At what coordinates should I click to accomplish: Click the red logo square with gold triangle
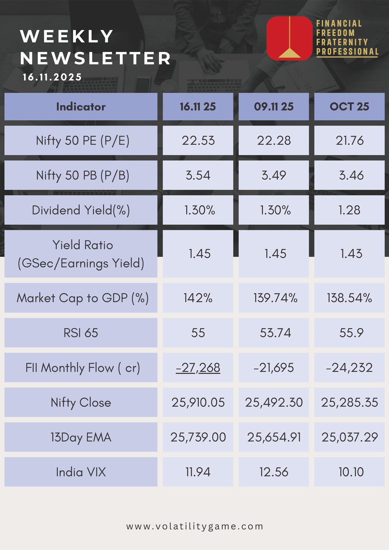pyautogui.click(x=289, y=38)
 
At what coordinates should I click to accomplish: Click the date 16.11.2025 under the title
pyautogui.click(x=52, y=77)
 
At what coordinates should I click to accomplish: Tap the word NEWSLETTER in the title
pyautogui.click(x=96, y=58)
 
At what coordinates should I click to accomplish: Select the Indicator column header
pyautogui.click(x=81, y=107)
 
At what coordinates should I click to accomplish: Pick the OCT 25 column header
pyautogui.click(x=349, y=107)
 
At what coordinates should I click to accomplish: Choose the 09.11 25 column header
pyautogui.click(x=273, y=107)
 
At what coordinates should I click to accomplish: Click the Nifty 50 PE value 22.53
pyautogui.click(x=198, y=140)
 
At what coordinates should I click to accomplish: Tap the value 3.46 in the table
pyautogui.click(x=351, y=175)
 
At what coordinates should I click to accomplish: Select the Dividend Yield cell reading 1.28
pyautogui.click(x=349, y=210)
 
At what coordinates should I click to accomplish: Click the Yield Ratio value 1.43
pyautogui.click(x=351, y=254)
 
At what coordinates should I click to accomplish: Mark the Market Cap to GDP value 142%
pyautogui.click(x=198, y=298)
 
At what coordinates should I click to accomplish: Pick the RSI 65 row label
pyautogui.click(x=81, y=333)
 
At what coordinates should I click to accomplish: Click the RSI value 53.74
pyautogui.click(x=275, y=333)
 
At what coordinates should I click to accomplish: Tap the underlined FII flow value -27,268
pyautogui.click(x=198, y=368)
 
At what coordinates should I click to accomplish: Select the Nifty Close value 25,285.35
pyautogui.click(x=349, y=402)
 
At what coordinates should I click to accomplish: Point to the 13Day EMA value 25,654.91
pyautogui.click(x=274, y=437)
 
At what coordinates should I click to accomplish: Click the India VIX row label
pyautogui.click(x=81, y=472)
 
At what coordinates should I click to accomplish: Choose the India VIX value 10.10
pyautogui.click(x=351, y=472)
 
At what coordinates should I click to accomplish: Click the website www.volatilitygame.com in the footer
pyautogui.click(x=194, y=526)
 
